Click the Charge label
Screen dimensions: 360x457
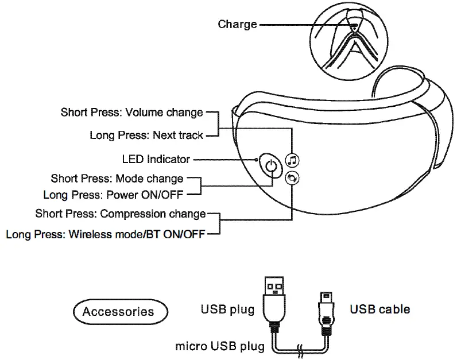click(237, 24)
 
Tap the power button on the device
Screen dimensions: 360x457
click(271, 167)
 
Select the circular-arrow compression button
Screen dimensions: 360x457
click(292, 179)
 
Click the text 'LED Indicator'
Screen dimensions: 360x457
click(156, 159)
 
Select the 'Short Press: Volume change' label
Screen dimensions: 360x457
click(132, 112)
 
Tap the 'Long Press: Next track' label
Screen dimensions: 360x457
click(146, 136)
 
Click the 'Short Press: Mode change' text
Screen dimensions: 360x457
click(117, 179)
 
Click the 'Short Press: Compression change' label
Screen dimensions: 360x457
click(120, 214)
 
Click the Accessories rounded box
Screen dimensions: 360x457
click(118, 312)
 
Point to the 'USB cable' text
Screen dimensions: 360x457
click(380, 309)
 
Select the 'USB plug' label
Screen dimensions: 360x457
click(227, 310)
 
